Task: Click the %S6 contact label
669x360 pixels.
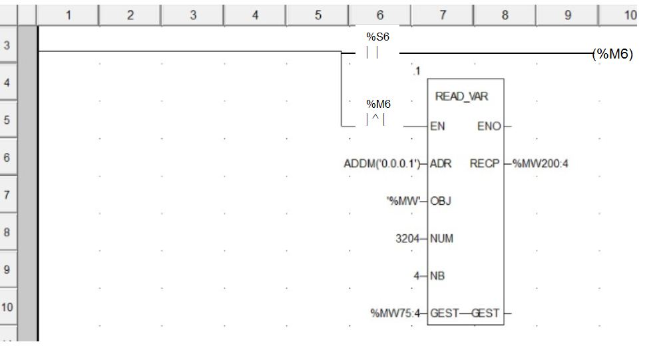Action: [x=377, y=37]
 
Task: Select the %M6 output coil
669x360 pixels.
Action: [x=612, y=55]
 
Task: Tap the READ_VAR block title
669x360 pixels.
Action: [x=461, y=96]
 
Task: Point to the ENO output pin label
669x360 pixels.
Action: [x=489, y=126]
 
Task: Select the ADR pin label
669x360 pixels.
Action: [x=441, y=163]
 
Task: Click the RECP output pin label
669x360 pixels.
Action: [x=485, y=163]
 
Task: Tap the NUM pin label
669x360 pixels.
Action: [x=442, y=238]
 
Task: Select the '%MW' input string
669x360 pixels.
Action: [x=402, y=200]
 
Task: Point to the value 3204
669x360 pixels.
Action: [x=407, y=238]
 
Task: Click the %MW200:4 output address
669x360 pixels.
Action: [x=540, y=163]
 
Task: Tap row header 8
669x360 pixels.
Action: [x=7, y=233]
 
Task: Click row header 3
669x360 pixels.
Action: [x=7, y=46]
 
